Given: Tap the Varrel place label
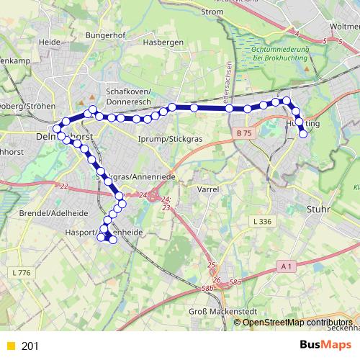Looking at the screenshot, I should pyautogui.click(x=208, y=189).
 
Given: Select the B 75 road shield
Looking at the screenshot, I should pyautogui.click(x=244, y=133).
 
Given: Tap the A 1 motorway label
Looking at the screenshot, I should pyautogui.click(x=287, y=266).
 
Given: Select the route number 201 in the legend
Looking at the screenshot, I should pyautogui.click(x=30, y=346).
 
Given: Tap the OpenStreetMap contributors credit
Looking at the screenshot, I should pyautogui.click(x=297, y=322).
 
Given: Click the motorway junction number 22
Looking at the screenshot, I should pyautogui.click(x=64, y=187).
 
